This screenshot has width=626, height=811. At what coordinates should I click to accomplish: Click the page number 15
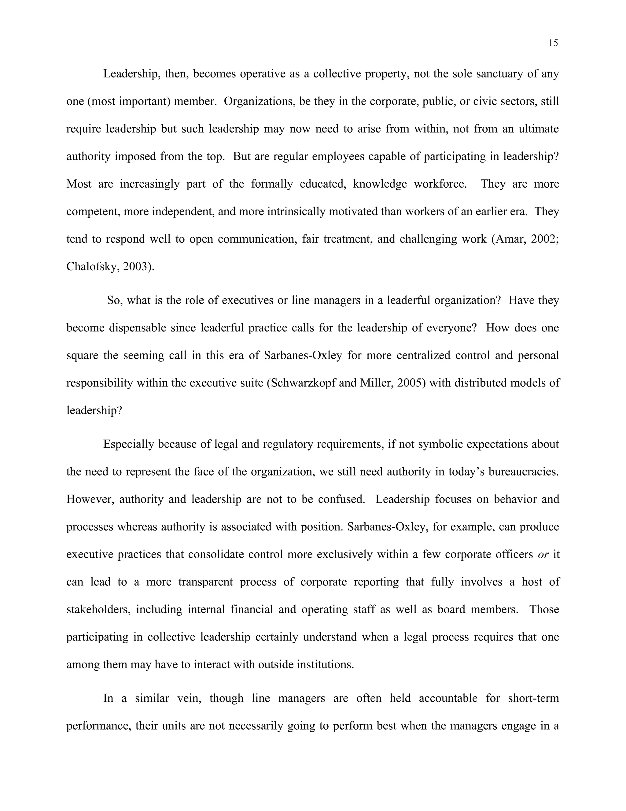click(x=553, y=43)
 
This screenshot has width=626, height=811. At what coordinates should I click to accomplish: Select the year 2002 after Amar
click(x=544, y=239)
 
